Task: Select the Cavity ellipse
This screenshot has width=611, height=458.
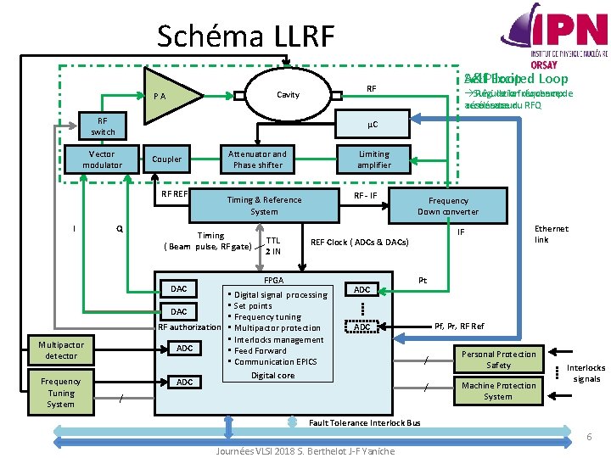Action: (289, 94)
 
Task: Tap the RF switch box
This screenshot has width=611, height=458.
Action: (103, 126)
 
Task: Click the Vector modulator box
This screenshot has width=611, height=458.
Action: (103, 159)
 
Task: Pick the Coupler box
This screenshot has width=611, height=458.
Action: (166, 159)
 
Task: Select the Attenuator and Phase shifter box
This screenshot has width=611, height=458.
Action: (257, 159)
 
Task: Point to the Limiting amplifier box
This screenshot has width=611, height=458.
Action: (373, 159)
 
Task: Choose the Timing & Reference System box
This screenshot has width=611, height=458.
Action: (264, 205)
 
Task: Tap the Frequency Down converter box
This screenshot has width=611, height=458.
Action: (447, 206)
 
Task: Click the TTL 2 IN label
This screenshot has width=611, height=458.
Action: (273, 245)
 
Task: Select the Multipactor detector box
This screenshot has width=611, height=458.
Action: (61, 350)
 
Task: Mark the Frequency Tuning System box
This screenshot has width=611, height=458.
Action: (60, 393)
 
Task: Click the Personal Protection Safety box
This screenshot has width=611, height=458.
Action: (498, 360)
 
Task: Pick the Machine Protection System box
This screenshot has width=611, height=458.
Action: (498, 390)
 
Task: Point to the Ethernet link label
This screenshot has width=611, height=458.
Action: (552, 234)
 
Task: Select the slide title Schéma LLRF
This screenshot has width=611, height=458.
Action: (246, 36)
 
